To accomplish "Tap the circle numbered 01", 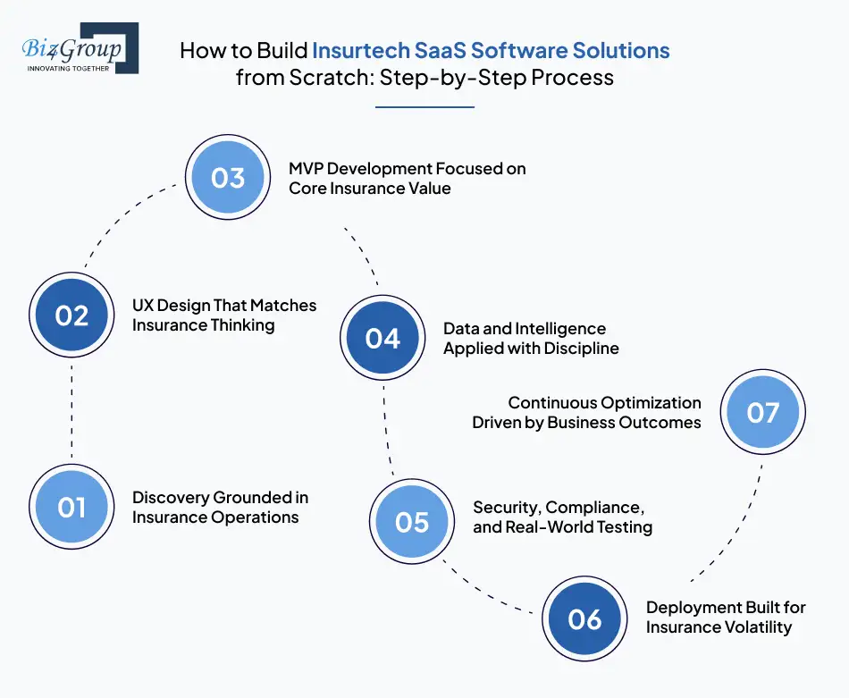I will tap(71, 508).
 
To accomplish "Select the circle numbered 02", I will tap(71, 315).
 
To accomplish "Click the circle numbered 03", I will tap(228, 178).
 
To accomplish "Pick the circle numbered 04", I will tap(382, 338).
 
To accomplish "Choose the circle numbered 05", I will tap(412, 521).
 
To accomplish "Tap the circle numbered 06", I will tap(585, 618).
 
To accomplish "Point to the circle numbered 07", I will tap(763, 412).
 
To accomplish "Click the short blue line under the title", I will tap(424, 107).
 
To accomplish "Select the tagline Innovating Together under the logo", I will tap(69, 68).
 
